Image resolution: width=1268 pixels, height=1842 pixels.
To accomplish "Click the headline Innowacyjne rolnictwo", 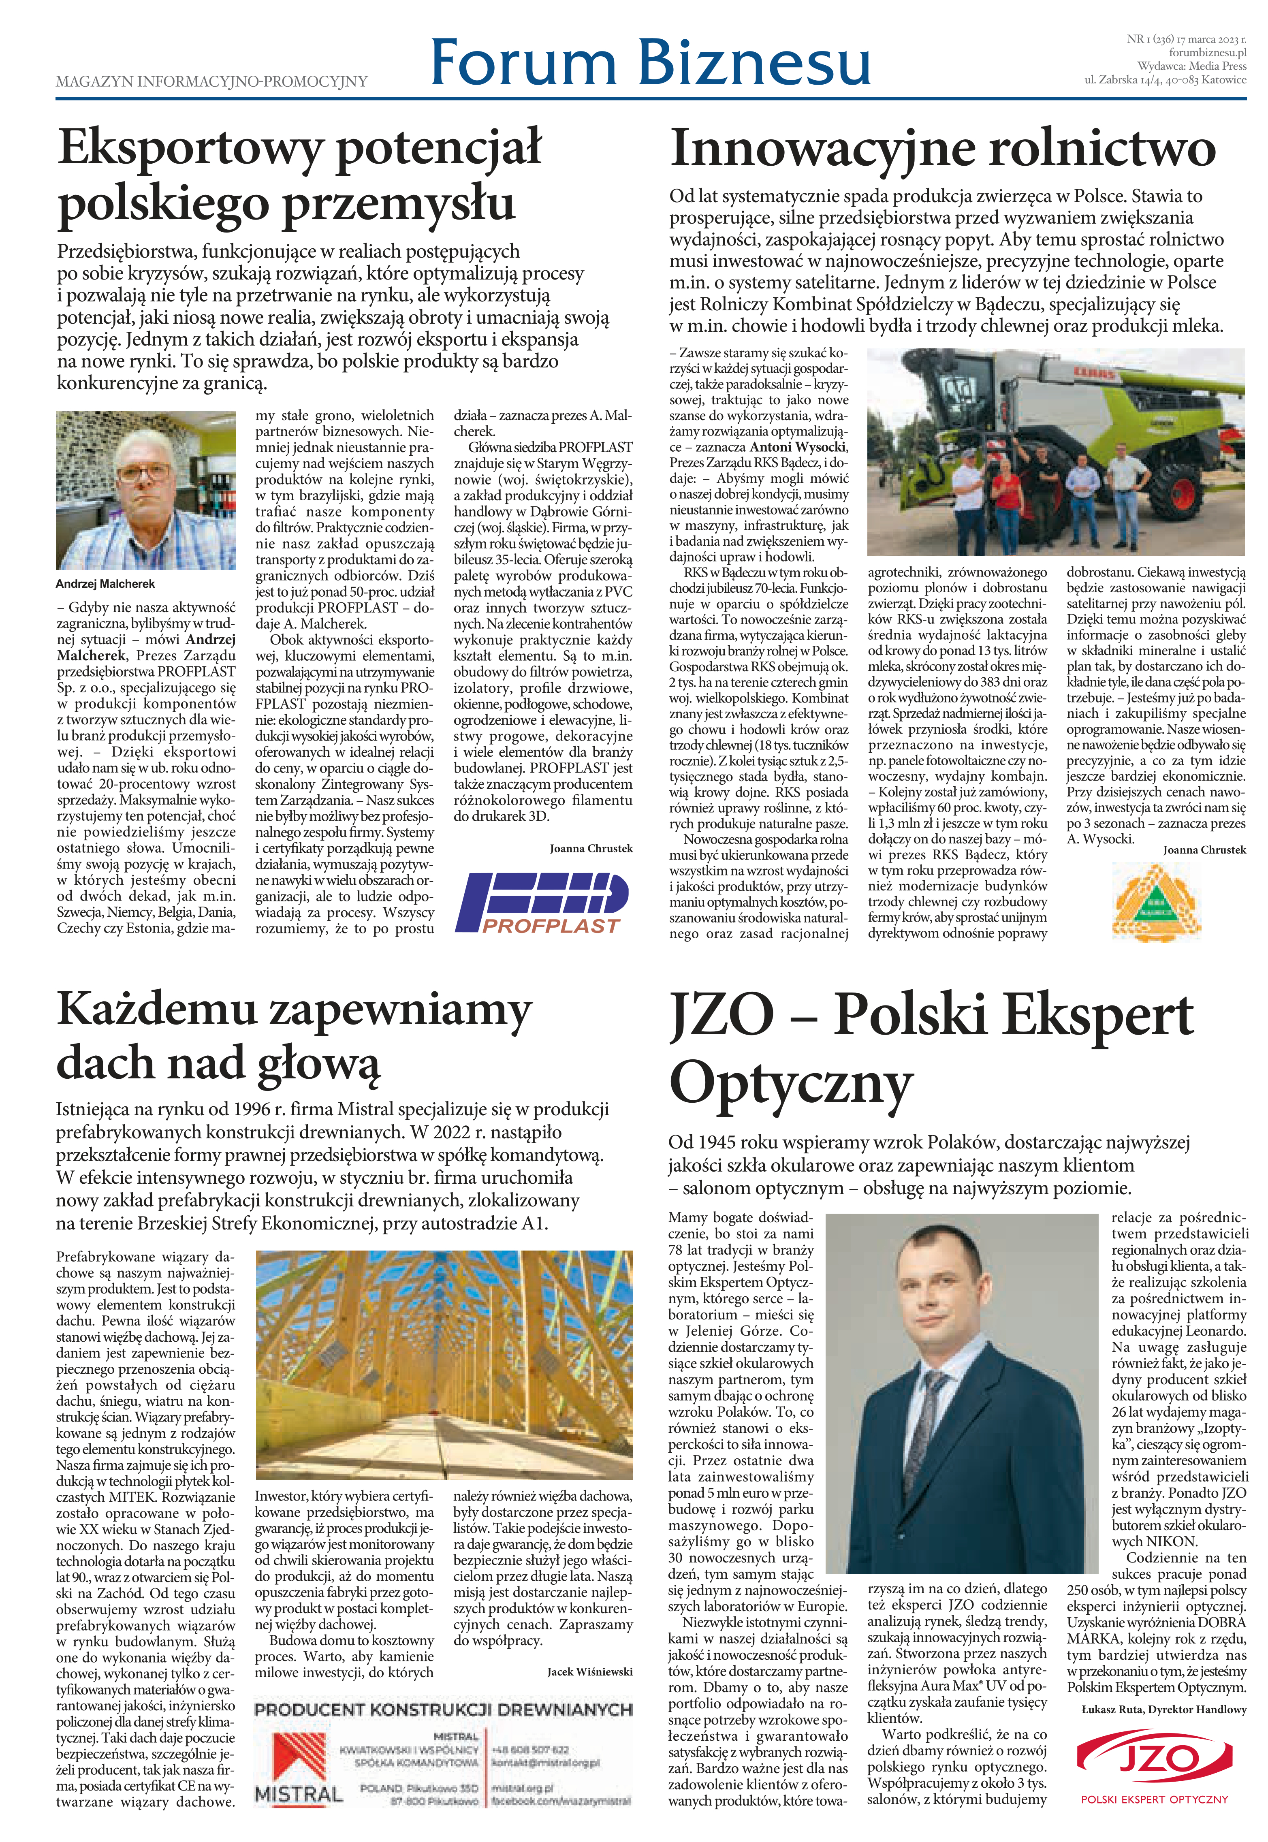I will click(x=943, y=149).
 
